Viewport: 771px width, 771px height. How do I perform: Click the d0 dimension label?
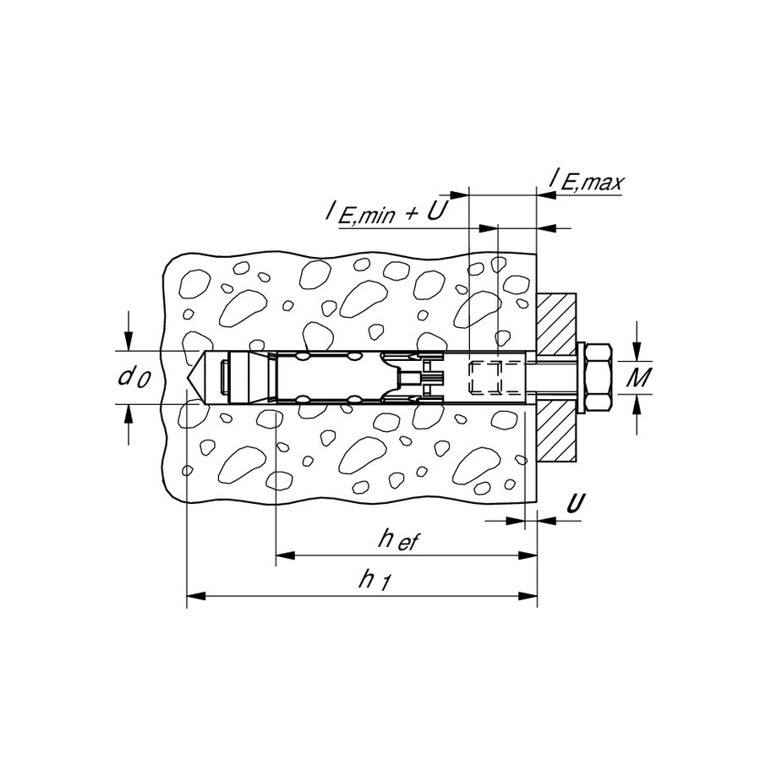click(x=134, y=378)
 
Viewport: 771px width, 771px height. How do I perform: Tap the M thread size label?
click(x=640, y=377)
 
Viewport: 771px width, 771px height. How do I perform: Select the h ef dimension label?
click(x=398, y=540)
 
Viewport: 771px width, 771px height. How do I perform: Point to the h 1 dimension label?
click(x=375, y=581)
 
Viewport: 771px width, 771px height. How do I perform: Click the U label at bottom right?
click(x=576, y=503)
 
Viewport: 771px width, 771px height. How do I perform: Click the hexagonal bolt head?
click(x=599, y=378)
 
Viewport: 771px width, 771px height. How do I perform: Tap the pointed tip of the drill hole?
click(x=186, y=378)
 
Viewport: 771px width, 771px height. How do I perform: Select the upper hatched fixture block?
click(x=556, y=325)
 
